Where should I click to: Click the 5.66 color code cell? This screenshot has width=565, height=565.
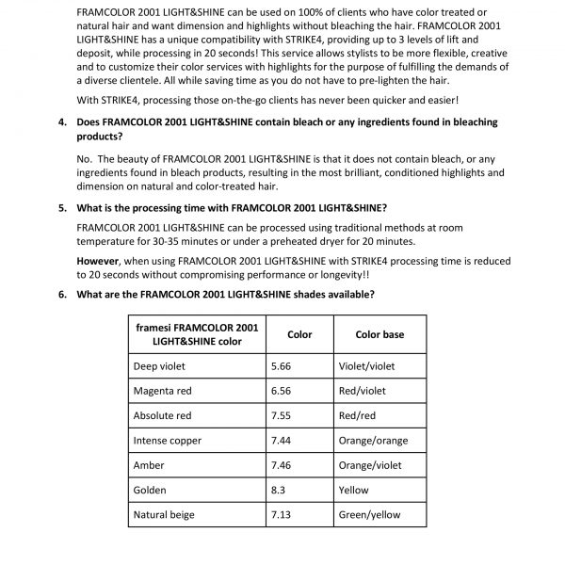(x=282, y=366)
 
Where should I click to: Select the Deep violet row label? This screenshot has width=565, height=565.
(x=159, y=366)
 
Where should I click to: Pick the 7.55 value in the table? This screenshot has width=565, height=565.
(x=282, y=415)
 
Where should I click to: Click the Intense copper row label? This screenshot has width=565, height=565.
(x=167, y=440)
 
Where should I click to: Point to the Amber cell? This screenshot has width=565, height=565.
(x=150, y=465)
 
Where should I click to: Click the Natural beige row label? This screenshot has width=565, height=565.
(x=164, y=515)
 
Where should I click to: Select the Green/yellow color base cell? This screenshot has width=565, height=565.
(x=369, y=515)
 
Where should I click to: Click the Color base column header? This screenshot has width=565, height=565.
(x=379, y=334)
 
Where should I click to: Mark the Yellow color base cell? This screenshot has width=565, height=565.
(x=353, y=491)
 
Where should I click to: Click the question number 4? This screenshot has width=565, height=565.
(x=61, y=123)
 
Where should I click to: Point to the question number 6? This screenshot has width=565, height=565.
(x=61, y=294)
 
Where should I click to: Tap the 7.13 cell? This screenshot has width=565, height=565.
(x=282, y=515)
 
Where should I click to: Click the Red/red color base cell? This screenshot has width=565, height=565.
(x=358, y=415)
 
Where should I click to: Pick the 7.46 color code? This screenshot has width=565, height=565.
(x=282, y=465)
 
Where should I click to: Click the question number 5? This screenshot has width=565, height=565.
(x=61, y=208)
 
